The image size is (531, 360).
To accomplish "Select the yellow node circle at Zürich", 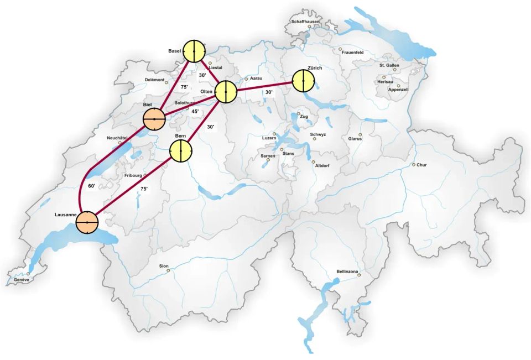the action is pyautogui.click(x=304, y=81).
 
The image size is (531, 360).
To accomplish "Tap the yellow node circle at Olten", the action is pyautogui.click(x=226, y=92).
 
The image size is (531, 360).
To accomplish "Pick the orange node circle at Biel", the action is pyautogui.click(x=154, y=119).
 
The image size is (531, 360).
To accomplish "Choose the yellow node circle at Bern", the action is pyautogui.click(x=180, y=150).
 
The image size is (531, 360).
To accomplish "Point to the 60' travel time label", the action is pyautogui.click(x=92, y=186).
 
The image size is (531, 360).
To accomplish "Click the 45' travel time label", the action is pyautogui.click(x=195, y=111).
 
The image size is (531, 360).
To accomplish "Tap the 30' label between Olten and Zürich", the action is pyautogui.click(x=269, y=92).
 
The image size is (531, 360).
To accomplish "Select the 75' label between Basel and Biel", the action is pyautogui.click(x=184, y=87).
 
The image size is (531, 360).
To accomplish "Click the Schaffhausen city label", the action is pyautogui.click(x=306, y=21).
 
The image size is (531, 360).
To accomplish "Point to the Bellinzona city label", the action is pyautogui.click(x=347, y=272).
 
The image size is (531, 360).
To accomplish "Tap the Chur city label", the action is pyautogui.click(x=421, y=165).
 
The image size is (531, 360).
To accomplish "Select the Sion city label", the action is pyautogui.click(x=164, y=266).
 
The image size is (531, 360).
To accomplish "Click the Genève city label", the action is pyautogui.click(x=22, y=280).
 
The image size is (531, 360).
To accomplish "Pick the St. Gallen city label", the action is pyautogui.click(x=389, y=65).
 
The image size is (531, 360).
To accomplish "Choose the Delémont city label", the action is pyautogui.click(x=154, y=80).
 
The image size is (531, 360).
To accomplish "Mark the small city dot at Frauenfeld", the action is pyautogui.click(x=340, y=49).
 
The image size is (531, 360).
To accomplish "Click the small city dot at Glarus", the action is pyautogui.click(x=360, y=134).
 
